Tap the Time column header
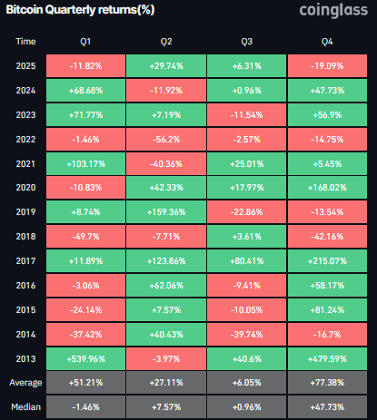coord(27,42)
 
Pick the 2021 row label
coord(27,163)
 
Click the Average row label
coord(27,383)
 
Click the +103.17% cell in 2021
coord(85,163)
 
